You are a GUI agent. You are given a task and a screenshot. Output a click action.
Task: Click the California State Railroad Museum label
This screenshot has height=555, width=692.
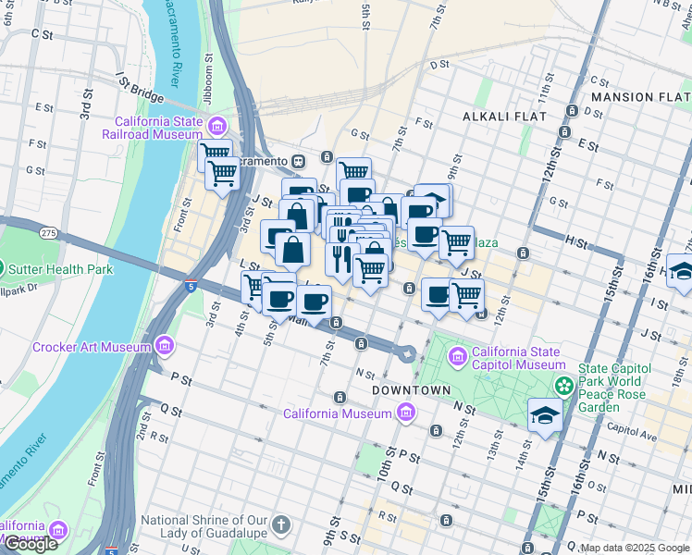coord(158,128)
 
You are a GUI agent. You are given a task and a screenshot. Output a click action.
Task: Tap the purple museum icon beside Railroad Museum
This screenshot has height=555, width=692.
coord(217,127)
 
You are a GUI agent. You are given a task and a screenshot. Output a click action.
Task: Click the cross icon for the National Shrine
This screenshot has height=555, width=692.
coord(282,525)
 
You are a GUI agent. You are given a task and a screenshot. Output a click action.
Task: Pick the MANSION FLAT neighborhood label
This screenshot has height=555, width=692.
coord(640,97)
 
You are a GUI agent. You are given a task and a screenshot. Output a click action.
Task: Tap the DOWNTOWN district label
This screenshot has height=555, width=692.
coord(411,391)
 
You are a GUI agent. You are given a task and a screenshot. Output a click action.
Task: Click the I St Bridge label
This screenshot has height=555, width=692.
coord(139,89)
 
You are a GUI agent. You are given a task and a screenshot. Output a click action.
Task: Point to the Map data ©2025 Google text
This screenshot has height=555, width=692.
coord(635,549)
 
